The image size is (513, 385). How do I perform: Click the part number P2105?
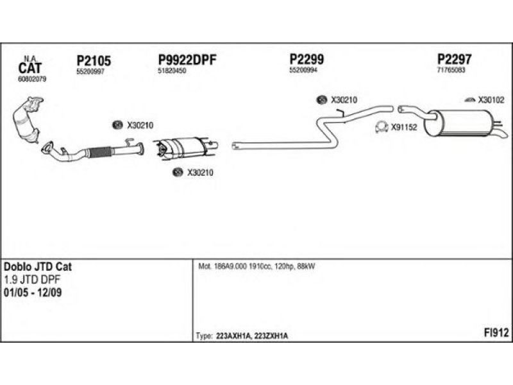point(94,61)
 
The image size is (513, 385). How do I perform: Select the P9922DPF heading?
point(187,60)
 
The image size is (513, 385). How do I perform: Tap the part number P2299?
point(307,60)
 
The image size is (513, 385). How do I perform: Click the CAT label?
point(30,67)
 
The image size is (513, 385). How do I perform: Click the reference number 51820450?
point(172,71)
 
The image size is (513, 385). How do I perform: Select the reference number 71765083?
point(451,70)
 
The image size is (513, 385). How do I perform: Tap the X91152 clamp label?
point(404,128)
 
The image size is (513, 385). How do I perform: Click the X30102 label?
point(491,100)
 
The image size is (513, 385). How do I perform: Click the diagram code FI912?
point(496,332)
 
